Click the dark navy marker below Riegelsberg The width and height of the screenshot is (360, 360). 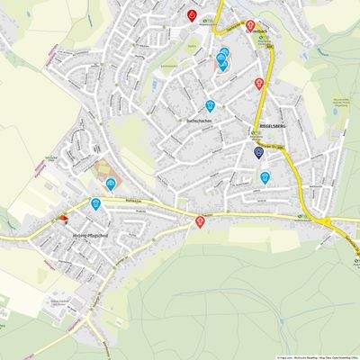(259, 152)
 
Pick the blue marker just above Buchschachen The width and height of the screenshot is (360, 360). (211, 104)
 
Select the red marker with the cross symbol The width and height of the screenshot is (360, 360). (200, 221)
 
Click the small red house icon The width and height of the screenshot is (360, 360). (62, 217)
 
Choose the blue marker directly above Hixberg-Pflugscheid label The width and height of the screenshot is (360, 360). (95, 203)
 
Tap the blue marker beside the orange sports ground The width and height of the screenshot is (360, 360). (111, 183)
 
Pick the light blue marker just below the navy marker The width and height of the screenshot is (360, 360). (265, 177)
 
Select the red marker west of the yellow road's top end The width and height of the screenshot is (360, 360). (192, 14)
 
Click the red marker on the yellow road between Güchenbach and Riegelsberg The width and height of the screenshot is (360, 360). (259, 83)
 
